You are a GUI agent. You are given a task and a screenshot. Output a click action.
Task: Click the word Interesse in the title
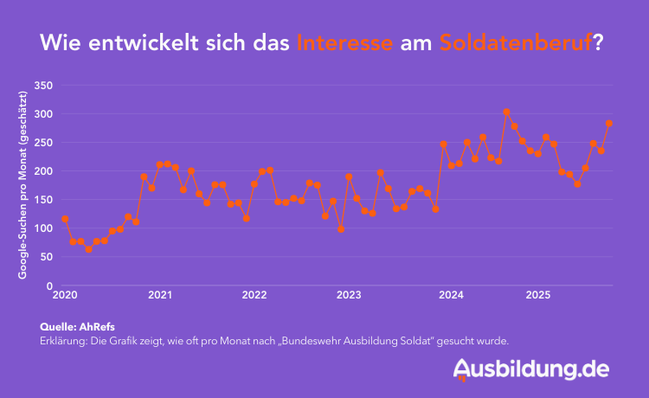(x=345, y=42)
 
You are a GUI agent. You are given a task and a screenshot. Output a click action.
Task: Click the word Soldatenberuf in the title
(x=516, y=42)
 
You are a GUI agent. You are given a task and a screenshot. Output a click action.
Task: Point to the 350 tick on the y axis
(x=42, y=86)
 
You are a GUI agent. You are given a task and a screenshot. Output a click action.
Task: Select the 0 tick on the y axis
(x=50, y=286)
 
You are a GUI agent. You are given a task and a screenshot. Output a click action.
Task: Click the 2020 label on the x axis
(x=65, y=296)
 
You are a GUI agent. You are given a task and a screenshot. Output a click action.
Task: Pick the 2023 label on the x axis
(x=349, y=296)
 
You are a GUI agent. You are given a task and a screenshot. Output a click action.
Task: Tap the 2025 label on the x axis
(x=538, y=296)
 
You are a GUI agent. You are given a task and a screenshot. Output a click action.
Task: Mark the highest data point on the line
(x=507, y=112)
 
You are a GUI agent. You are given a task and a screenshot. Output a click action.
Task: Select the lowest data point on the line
(x=88, y=249)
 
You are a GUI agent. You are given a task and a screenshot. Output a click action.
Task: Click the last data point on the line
(x=609, y=124)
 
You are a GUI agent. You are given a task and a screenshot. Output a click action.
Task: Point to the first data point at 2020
(x=65, y=220)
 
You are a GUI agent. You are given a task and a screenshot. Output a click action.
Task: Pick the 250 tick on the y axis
(x=42, y=143)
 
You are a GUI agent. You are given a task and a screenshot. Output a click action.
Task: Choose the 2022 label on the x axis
(x=254, y=296)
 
